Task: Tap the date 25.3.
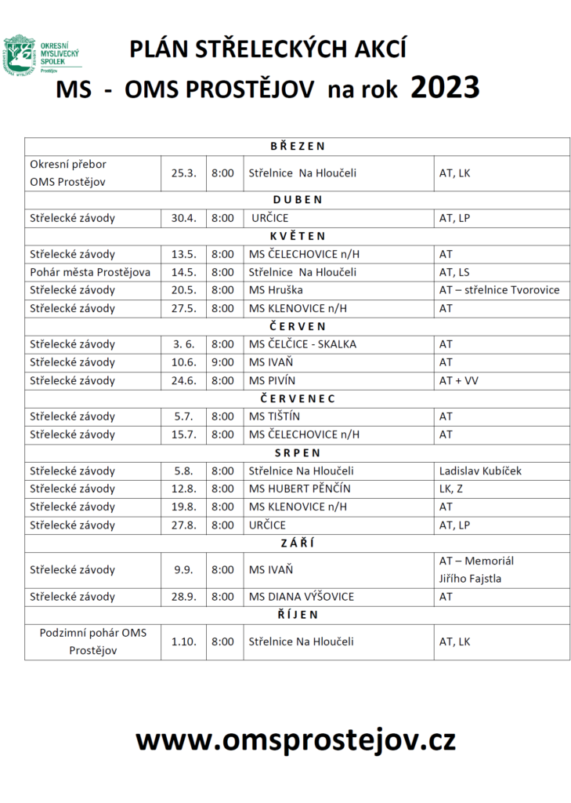click(183, 173)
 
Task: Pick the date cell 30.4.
click(183, 218)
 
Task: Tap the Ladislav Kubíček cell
click(480, 471)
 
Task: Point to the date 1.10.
click(183, 641)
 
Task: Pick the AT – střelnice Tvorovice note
click(499, 290)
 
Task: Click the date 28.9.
click(183, 597)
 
